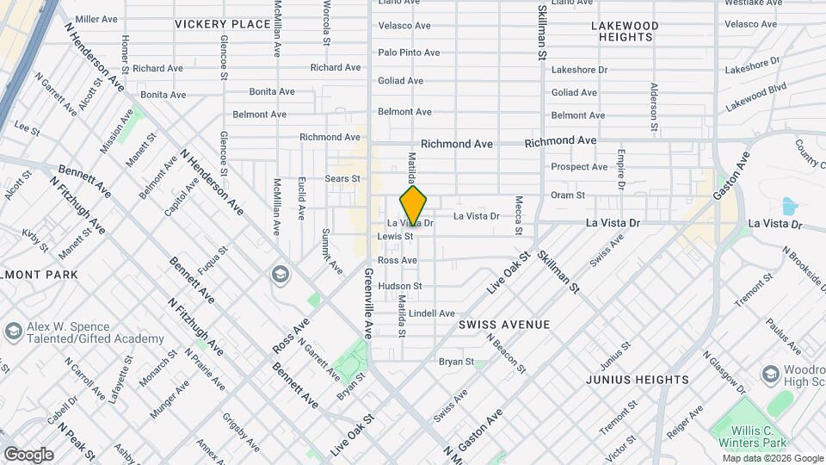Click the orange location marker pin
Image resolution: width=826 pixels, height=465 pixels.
click(x=414, y=206)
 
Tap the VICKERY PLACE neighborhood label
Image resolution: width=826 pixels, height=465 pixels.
click(x=222, y=24)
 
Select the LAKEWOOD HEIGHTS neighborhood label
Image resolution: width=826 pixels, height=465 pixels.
click(x=625, y=32)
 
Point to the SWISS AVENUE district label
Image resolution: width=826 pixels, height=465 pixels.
click(x=503, y=325)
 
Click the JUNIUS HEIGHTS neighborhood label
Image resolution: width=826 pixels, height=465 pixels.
click(x=638, y=379)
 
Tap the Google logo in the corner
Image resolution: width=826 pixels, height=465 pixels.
click(x=28, y=455)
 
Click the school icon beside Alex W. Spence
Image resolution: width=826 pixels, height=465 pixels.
click(x=13, y=332)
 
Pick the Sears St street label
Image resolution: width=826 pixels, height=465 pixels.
click(x=342, y=178)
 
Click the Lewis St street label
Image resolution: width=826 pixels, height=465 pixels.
click(x=396, y=236)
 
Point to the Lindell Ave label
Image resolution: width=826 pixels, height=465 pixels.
click(x=432, y=313)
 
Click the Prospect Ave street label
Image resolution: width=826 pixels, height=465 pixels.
click(x=579, y=167)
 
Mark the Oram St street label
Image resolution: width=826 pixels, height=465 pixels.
click(x=568, y=195)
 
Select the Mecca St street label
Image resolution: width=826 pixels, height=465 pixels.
click(x=519, y=214)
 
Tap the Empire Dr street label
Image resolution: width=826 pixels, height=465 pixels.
click(x=620, y=169)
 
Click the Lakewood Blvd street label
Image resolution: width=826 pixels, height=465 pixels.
click(x=755, y=96)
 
